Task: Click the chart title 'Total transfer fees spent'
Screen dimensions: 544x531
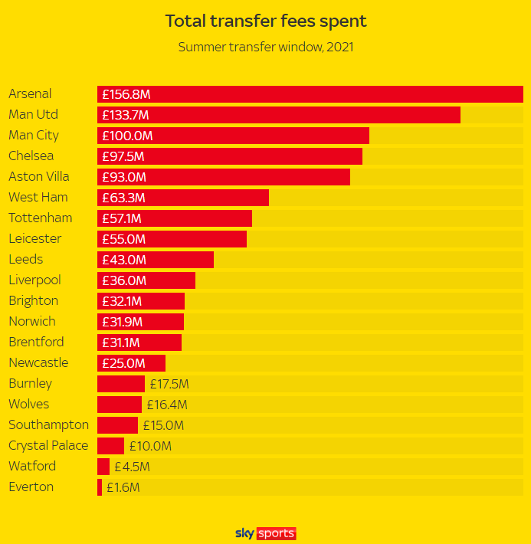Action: [265, 21]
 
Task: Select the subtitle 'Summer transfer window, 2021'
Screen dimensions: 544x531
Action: [265, 47]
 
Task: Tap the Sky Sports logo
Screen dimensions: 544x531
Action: [265, 533]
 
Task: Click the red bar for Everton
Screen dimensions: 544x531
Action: [100, 487]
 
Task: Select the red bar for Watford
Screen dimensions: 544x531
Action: [103, 466]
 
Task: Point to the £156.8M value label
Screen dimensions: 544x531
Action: [126, 94]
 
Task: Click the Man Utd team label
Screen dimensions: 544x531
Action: [33, 115]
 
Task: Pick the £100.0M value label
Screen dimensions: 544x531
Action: [127, 136]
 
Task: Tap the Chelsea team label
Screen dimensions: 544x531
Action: [31, 156]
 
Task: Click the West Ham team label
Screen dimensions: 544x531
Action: [38, 198]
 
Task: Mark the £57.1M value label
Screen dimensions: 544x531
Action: [122, 218]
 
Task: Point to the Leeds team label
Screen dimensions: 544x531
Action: [26, 260]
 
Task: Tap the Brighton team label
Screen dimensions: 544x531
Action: [34, 301]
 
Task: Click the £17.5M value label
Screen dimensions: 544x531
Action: [169, 384]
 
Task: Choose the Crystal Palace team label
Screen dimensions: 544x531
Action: [48, 446]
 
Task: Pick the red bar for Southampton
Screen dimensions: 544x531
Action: [117, 425]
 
